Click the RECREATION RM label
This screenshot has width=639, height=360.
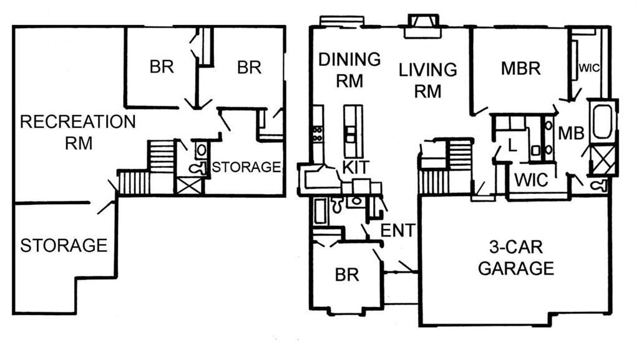[78, 132]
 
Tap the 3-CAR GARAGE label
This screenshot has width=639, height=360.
[516, 258]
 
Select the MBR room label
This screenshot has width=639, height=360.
[520, 69]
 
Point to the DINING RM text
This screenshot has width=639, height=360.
[349, 70]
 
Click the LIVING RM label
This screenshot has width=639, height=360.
[427, 80]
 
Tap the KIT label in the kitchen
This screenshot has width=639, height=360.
[356, 167]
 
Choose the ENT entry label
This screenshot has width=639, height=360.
[398, 230]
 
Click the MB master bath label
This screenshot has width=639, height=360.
[572, 133]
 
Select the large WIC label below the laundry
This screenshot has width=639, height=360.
[531, 180]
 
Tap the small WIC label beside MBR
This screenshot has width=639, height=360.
[589, 67]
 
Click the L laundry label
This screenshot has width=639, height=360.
[512, 145]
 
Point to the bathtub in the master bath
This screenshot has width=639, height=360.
[602, 122]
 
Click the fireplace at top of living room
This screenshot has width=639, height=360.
[422, 26]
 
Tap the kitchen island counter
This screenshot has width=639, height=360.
[353, 132]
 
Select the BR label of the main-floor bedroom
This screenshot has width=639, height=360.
[347, 275]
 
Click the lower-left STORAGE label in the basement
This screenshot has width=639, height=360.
[64, 245]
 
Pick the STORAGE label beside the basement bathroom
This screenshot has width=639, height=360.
[246, 167]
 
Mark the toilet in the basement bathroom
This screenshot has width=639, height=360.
[198, 168]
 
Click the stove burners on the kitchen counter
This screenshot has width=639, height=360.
[318, 134]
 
